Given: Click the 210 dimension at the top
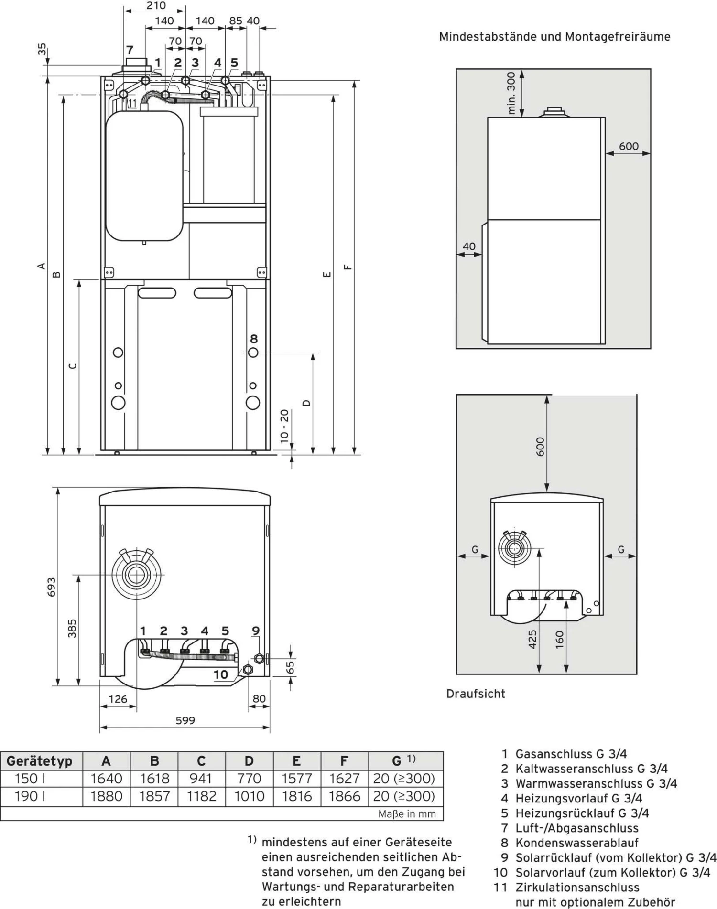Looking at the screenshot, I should click(156, 6).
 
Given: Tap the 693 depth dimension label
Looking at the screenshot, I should click(52, 587).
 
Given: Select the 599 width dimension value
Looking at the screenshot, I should click(185, 720).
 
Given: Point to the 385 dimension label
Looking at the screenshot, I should click(72, 628).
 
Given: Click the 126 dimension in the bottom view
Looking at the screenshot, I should click(118, 699).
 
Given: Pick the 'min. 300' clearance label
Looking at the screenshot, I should click(511, 93).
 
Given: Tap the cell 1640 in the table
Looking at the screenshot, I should click(107, 779).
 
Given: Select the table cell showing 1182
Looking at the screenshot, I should click(201, 796).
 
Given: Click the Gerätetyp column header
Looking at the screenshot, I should click(39, 761).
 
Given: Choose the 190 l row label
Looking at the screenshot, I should click(30, 796).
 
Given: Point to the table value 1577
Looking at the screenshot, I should click(296, 779).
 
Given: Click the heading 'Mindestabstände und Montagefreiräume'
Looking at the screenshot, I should click(554, 37).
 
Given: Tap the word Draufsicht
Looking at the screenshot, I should click(476, 694).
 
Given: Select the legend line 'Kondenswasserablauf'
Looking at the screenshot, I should click(576, 843).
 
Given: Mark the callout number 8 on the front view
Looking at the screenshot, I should click(254, 339).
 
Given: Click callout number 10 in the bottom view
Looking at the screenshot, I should click(221, 674).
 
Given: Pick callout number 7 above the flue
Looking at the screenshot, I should click(130, 50).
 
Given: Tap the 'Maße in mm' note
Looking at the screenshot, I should click(407, 814).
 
